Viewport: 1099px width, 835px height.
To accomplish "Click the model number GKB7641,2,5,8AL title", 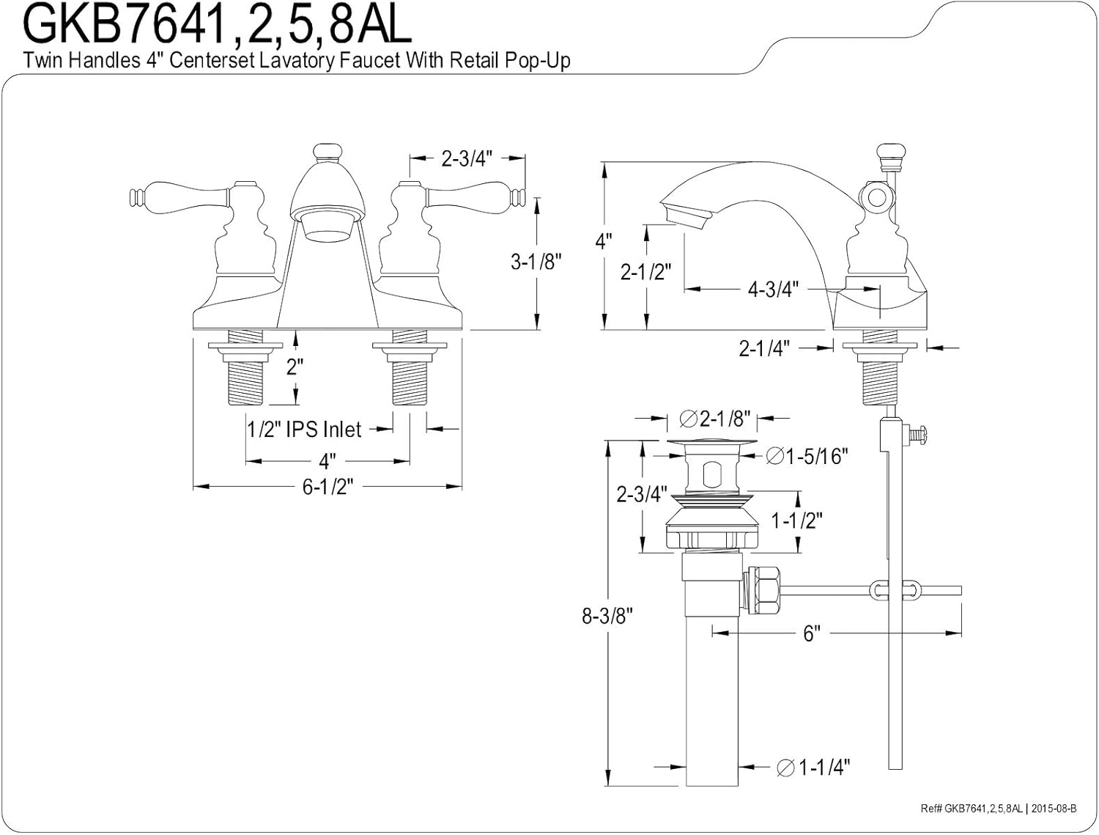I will (x=218, y=26).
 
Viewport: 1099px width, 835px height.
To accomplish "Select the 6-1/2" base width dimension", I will (x=328, y=487).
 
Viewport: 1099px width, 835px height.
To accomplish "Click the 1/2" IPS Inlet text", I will (x=304, y=429).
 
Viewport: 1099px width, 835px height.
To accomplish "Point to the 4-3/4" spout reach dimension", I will (x=771, y=290).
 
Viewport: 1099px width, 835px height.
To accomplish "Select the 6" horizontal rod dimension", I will (x=810, y=633).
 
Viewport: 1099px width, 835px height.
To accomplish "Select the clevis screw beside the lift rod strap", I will (x=917, y=435).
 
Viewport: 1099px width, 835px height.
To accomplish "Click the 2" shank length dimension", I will (x=295, y=367).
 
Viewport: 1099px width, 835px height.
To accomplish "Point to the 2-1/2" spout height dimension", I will (x=645, y=272).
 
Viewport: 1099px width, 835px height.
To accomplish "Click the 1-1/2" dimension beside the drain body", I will (x=796, y=521).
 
